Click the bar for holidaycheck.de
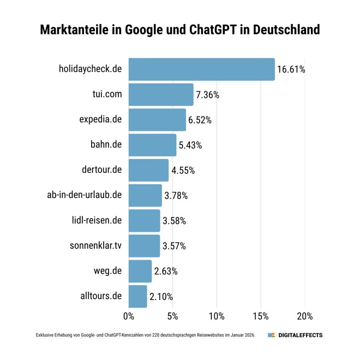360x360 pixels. (202, 69)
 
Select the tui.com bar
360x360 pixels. (161, 95)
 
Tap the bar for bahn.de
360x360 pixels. (152, 145)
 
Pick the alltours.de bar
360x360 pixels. (138, 296)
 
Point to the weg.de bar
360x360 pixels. (140, 271)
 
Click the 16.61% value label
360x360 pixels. (291, 70)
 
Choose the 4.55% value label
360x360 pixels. (183, 170)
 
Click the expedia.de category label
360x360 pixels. (100, 119)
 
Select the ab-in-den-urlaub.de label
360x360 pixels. (84, 195)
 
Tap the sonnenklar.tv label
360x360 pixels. (96, 245)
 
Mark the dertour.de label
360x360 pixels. (102, 170)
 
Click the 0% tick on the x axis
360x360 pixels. (129, 316)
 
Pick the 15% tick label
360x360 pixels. (261, 316)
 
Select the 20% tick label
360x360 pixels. (305, 316)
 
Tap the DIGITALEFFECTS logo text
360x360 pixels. (300, 335)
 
